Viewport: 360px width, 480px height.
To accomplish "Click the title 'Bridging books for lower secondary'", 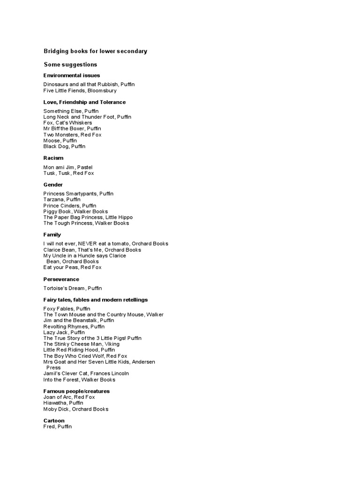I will (x=95, y=51).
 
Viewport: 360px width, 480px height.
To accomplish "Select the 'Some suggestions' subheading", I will (x=70, y=64).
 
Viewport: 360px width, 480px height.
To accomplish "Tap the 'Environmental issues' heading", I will (x=72, y=75).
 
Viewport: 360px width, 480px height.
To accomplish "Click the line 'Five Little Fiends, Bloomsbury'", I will (x=80, y=90).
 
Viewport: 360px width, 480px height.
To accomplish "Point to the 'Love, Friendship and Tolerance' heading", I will (x=84, y=102).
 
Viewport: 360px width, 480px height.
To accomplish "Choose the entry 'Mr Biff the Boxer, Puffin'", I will (x=72, y=128).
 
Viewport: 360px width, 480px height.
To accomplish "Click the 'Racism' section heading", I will (x=53, y=158).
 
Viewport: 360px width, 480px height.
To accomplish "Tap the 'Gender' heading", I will (x=53, y=185).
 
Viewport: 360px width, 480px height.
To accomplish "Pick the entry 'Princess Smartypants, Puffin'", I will (x=78, y=194).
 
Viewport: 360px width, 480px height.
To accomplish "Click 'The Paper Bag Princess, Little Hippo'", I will (x=88, y=217).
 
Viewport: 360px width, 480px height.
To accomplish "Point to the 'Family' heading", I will (x=52, y=235).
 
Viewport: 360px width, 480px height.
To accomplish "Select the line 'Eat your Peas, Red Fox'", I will (x=72, y=267).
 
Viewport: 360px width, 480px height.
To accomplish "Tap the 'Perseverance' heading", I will (x=61, y=279).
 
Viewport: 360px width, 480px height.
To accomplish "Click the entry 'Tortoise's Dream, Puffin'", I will (x=73, y=288).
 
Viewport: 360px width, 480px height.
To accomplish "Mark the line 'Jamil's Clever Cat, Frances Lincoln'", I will (x=86, y=374).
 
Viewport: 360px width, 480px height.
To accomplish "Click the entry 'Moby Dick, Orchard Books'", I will (x=76, y=409).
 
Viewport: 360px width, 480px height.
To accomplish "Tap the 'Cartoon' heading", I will (x=54, y=421).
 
